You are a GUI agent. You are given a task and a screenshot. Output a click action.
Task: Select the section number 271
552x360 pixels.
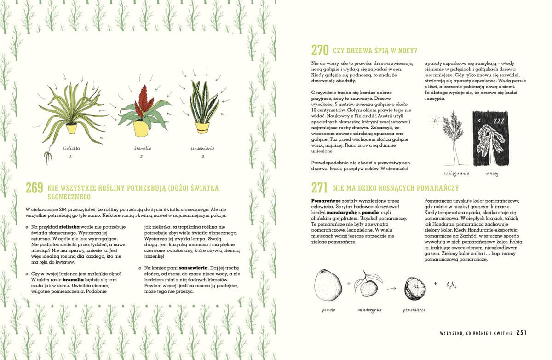[x=320, y=187]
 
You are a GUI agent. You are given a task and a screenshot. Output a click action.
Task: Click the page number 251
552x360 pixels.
[x=522, y=333]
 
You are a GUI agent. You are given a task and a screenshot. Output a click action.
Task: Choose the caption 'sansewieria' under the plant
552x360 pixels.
[x=202, y=149]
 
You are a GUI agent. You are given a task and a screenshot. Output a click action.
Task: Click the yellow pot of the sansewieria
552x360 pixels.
[x=202, y=127]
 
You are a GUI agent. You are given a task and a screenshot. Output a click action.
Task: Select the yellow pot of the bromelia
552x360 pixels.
[x=141, y=128]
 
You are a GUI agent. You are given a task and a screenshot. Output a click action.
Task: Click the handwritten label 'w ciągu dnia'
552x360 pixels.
[x=455, y=174]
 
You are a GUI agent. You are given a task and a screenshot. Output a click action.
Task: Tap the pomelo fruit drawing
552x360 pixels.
[x=328, y=285]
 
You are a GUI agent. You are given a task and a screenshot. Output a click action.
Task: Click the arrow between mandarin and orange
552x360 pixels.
[x=391, y=288]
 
